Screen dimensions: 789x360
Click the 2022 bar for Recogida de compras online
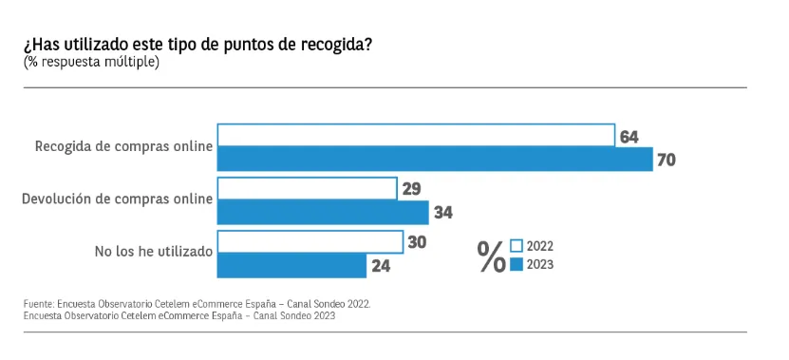point(416,136)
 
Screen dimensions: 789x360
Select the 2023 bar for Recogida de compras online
point(435,159)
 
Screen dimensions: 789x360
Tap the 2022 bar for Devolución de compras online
point(307,188)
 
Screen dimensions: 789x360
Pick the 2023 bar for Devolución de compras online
point(323,212)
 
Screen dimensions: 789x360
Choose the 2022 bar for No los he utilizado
point(310,241)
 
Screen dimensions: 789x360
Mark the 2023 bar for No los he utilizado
point(291,265)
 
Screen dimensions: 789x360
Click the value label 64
point(629,137)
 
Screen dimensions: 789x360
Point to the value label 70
point(667,161)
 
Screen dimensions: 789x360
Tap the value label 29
point(411,189)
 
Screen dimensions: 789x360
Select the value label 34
point(442,213)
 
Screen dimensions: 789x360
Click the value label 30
point(417,242)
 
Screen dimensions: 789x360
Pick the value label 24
point(381,266)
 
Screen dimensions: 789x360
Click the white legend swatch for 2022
point(517,246)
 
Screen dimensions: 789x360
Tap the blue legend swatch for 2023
point(517,265)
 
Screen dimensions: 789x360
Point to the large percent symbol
point(492,256)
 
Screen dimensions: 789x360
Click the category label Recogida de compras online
point(123,146)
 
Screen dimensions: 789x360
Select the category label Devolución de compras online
point(117,199)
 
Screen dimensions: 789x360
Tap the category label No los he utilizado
point(154,252)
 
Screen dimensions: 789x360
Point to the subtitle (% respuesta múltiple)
point(91,63)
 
